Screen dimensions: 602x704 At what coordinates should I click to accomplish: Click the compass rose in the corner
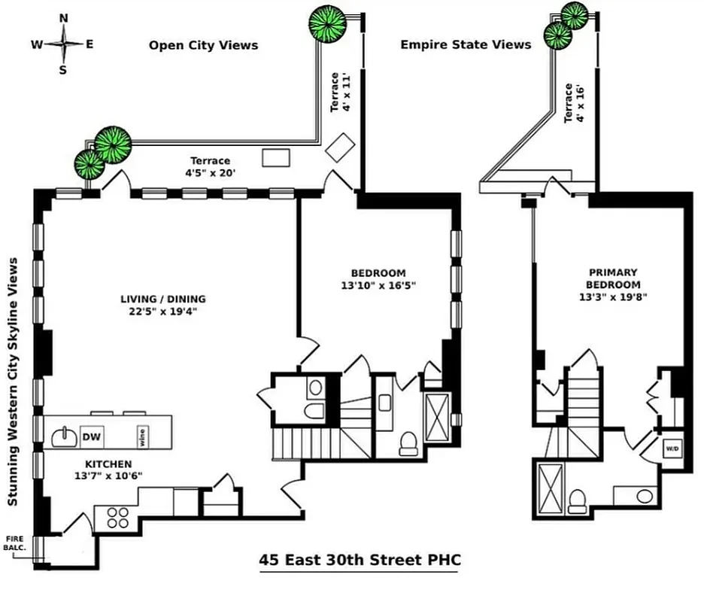tap(63, 44)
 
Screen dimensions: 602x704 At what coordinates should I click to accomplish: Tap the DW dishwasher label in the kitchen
tap(91, 436)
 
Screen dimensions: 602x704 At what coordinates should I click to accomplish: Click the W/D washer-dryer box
tap(671, 448)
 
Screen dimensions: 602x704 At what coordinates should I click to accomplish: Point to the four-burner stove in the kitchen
tap(117, 517)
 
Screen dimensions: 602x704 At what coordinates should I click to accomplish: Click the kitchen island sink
tap(65, 436)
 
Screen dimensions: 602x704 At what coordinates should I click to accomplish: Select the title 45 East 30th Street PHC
tap(360, 560)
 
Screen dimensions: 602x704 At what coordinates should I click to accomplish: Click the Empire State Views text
tap(466, 44)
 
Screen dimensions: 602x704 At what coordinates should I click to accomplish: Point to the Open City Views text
tap(203, 45)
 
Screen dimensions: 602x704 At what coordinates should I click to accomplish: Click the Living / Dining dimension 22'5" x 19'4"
tap(163, 311)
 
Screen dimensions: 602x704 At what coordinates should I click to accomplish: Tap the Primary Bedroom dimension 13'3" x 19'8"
tap(614, 296)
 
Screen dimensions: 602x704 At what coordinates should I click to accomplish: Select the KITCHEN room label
tap(108, 464)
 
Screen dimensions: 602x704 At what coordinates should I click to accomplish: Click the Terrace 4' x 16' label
tap(574, 103)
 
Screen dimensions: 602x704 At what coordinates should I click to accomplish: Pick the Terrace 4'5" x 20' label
tap(210, 166)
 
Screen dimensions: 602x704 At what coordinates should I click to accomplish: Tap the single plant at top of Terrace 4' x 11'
tap(328, 23)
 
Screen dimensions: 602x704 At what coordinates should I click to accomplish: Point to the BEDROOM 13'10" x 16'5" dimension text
tap(378, 279)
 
